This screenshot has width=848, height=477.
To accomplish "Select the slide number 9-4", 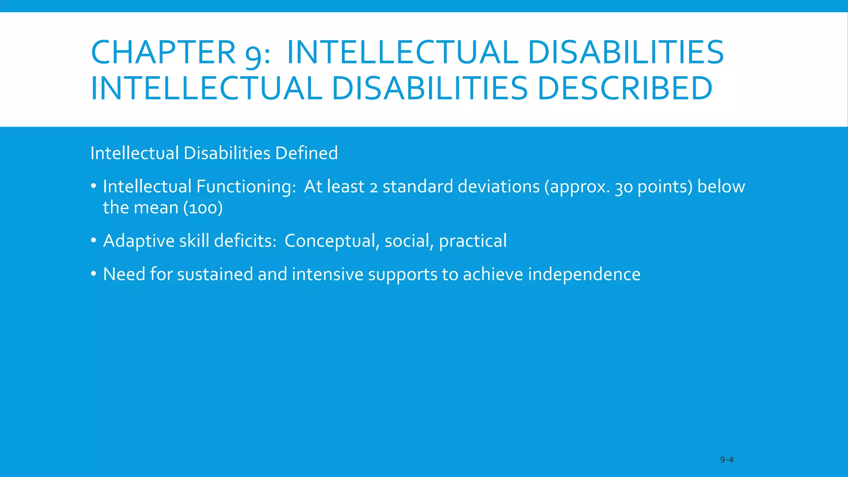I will click(726, 460).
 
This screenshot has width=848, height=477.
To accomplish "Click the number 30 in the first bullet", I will click(624, 188).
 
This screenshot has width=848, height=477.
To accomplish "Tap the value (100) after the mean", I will click(203, 208).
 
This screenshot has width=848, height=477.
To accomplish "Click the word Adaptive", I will click(139, 241).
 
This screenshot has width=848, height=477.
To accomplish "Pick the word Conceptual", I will click(330, 241).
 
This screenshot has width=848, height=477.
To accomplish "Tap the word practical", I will click(472, 241).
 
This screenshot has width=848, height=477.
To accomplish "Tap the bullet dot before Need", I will click(94, 274).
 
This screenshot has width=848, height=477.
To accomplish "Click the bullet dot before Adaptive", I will click(94, 240).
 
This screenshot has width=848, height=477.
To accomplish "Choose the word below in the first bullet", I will click(721, 187).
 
